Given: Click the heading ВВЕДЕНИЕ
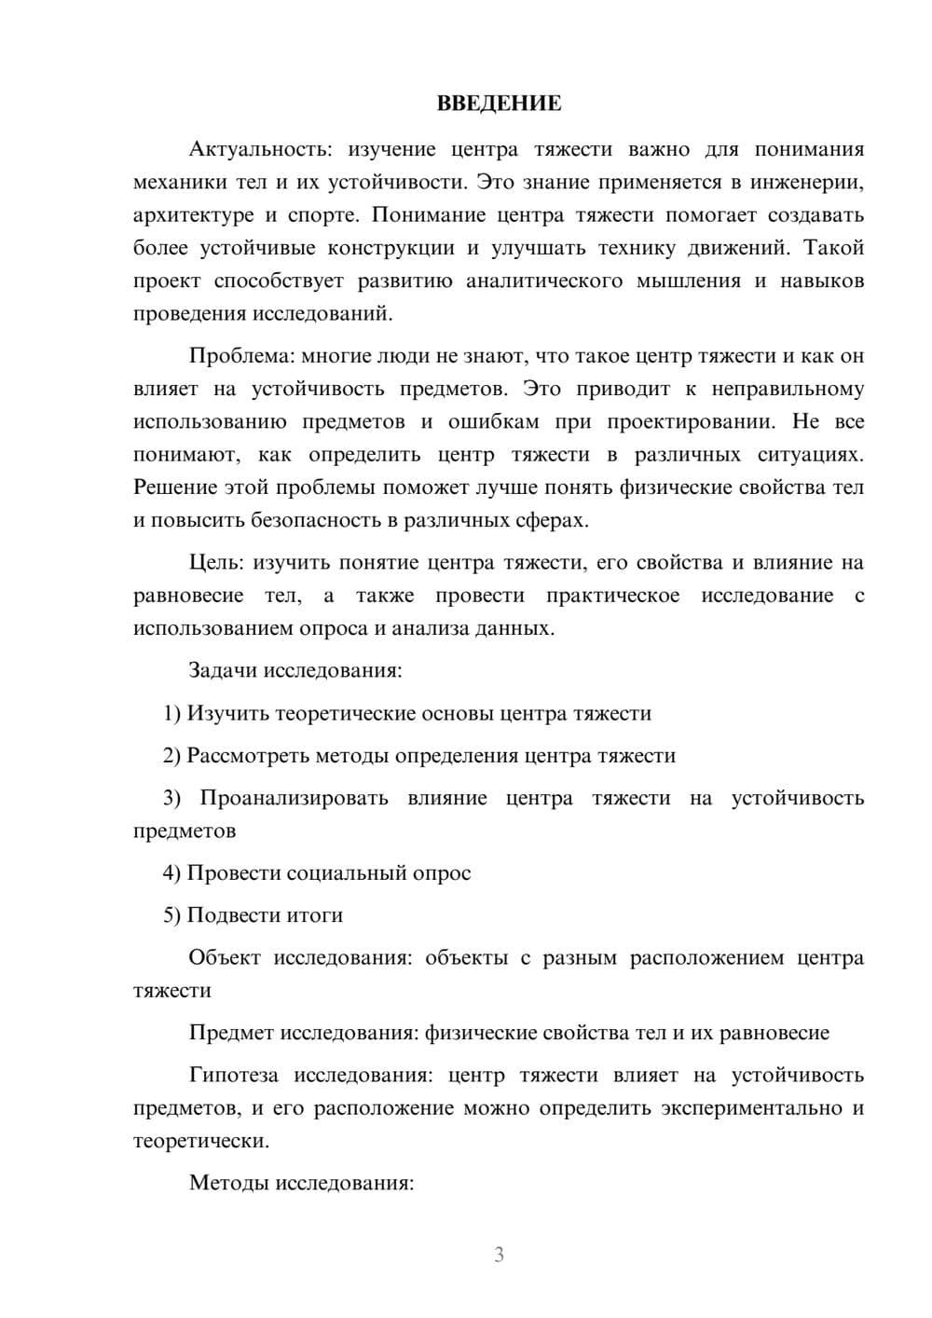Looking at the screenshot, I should [x=499, y=103].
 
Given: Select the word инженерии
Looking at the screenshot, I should [x=812, y=182].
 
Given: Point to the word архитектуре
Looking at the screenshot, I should [x=193, y=215].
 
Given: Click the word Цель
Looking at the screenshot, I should [x=215, y=563].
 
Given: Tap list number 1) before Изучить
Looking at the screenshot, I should [x=172, y=713].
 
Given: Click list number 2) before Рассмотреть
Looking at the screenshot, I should [x=172, y=755].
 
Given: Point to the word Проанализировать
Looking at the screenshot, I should [x=294, y=798].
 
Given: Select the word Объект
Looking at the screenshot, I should [x=225, y=958].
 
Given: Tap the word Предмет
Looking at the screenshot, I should [x=232, y=1033].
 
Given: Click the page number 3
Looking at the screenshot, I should [x=499, y=1255].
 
